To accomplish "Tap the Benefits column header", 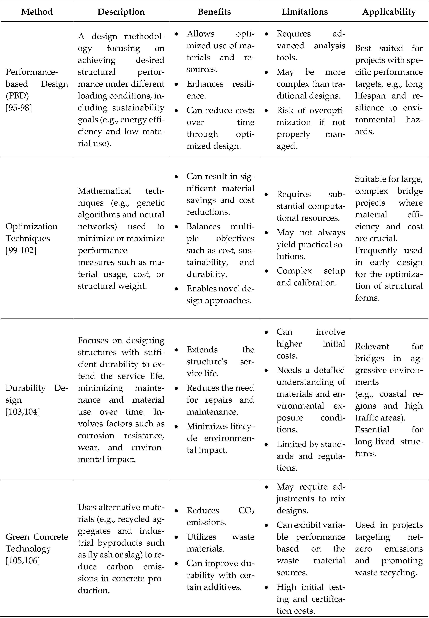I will click(214, 12).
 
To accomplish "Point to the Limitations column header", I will click(304, 12).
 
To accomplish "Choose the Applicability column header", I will click(389, 12).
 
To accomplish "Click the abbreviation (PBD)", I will click(17, 96).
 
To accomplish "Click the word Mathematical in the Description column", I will click(104, 191).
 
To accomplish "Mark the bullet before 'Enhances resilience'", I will click(176, 84).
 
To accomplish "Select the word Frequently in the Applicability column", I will click(376, 250).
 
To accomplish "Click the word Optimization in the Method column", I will click(31, 226).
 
